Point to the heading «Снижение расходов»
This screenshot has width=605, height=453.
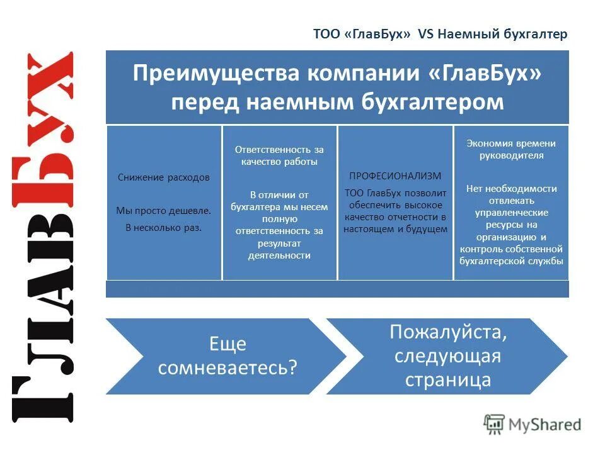click(x=164, y=177)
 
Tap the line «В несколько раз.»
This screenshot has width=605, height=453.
click(x=164, y=228)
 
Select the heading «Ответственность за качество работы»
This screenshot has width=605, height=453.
click(x=279, y=155)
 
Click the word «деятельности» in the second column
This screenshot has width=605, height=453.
click(x=279, y=255)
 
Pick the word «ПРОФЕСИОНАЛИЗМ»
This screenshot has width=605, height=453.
click(x=395, y=176)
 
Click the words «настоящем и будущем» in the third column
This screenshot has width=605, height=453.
click(x=395, y=229)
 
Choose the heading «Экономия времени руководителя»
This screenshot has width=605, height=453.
click(x=511, y=150)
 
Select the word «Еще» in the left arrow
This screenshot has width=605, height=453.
click(x=228, y=345)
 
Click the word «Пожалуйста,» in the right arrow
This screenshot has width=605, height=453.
click(x=447, y=332)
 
